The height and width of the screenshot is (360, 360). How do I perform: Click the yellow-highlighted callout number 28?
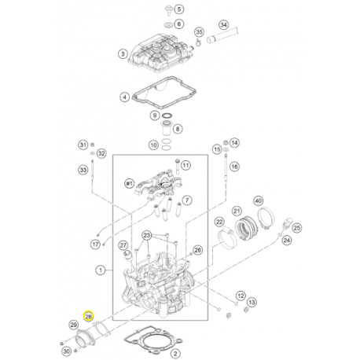click(89, 316)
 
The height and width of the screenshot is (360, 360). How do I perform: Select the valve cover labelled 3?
click(160, 57)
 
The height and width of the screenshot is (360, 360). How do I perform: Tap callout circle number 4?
click(123, 97)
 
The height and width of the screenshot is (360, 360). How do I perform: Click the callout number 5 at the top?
click(178, 9)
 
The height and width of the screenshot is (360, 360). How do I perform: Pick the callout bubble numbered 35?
click(199, 32)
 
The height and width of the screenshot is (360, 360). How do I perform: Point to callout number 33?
click(82, 170)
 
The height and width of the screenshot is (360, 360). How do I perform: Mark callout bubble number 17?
click(95, 244)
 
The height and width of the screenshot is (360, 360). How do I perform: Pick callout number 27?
click(123, 245)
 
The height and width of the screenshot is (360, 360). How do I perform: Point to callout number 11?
click(187, 166)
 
